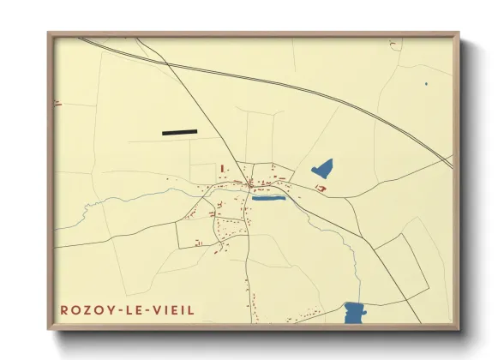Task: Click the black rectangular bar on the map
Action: pos(179,132)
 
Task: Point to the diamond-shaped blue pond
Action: pos(322,168)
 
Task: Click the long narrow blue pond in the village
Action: pos(268,198)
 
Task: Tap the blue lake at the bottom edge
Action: pos(354,313)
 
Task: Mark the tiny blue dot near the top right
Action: pos(426,84)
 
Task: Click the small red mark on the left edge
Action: pos(57,104)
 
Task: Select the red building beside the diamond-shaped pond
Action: pos(321,188)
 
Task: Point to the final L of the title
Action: pos(192,310)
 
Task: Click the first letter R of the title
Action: pos(63,310)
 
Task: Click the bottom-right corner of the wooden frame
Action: pos(459,330)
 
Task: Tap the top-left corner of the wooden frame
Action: pos(48,33)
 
